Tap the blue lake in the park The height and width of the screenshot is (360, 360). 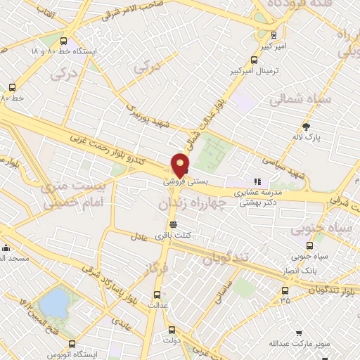click(54, 303)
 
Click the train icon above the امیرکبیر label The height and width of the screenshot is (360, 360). click(274, 34)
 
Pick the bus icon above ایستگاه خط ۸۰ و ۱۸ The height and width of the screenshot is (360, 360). click(64, 41)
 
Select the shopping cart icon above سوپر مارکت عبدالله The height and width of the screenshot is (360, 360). click(299, 333)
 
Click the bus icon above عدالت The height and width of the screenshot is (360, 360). click(157, 295)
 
